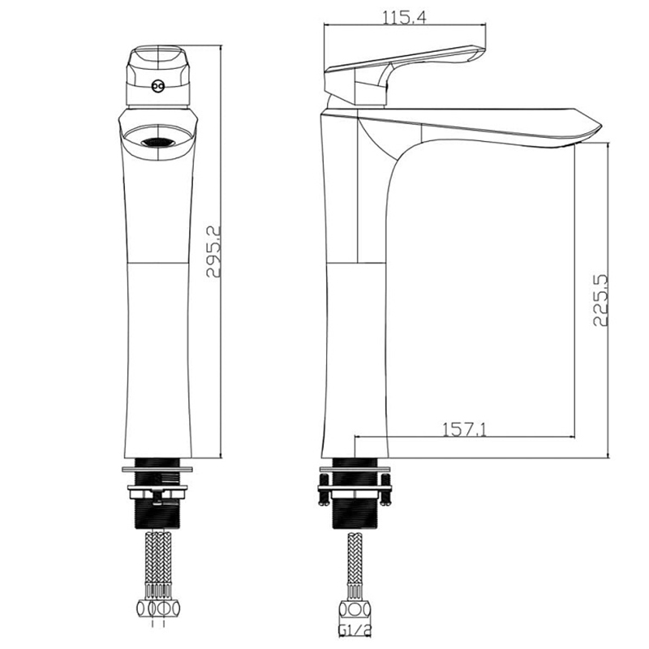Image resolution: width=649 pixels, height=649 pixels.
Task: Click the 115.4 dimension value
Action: pyautogui.click(x=403, y=18)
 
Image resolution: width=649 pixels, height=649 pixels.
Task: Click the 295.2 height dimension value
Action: pyautogui.click(x=213, y=251)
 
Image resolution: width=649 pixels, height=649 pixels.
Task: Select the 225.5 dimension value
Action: pyautogui.click(x=601, y=300)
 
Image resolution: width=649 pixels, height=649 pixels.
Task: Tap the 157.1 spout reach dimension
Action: pyautogui.click(x=464, y=430)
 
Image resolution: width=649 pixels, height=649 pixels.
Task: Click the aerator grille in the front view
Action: pyautogui.click(x=157, y=143)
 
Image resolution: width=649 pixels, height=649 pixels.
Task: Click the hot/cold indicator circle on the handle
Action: pyautogui.click(x=157, y=86)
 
